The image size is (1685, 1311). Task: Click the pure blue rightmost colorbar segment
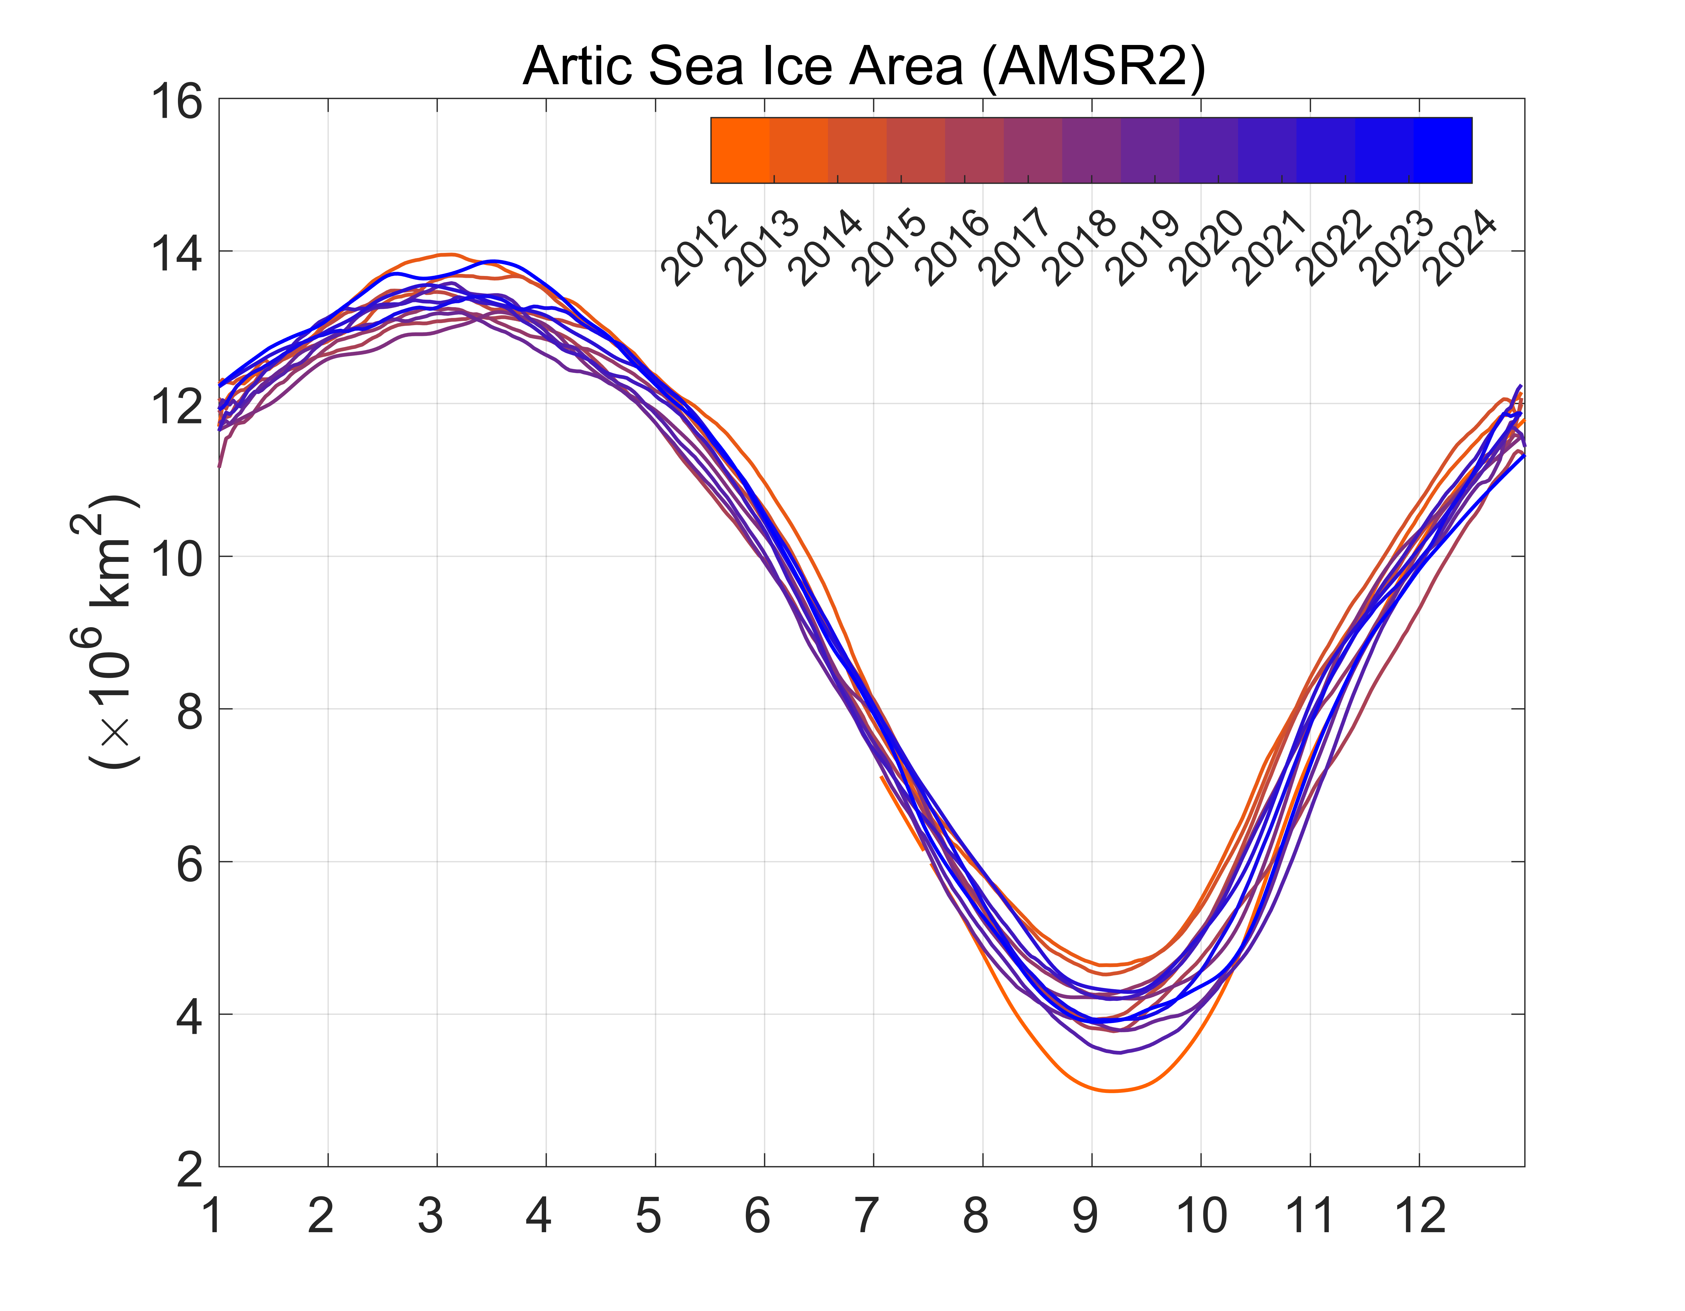pos(1443,150)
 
